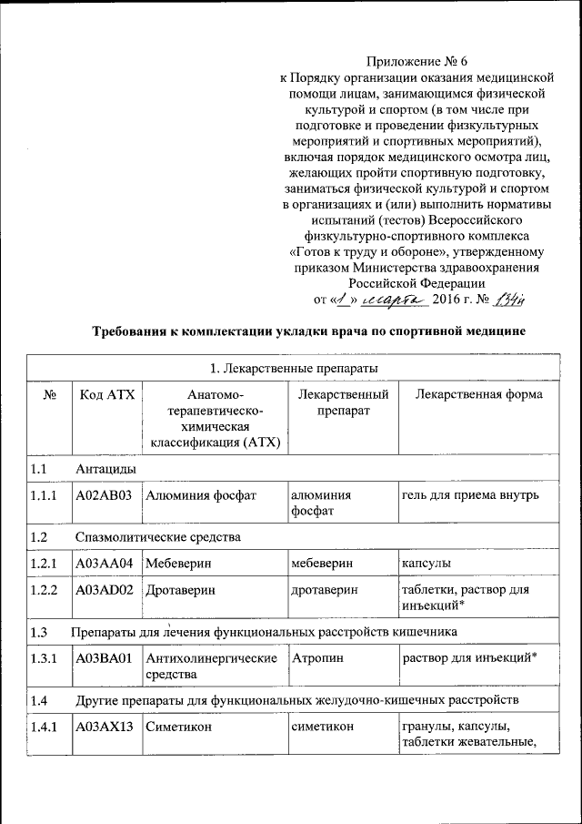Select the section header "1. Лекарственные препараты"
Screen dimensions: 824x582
coord(294,368)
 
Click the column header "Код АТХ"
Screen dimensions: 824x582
coord(106,394)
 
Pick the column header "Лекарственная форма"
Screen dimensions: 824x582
coord(478,394)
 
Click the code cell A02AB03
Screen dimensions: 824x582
coord(106,495)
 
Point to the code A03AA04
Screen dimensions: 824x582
coord(106,565)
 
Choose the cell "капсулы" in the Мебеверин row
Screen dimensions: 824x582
coord(426,565)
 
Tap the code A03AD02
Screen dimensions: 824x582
coord(106,590)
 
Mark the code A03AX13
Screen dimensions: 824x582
coord(106,727)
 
